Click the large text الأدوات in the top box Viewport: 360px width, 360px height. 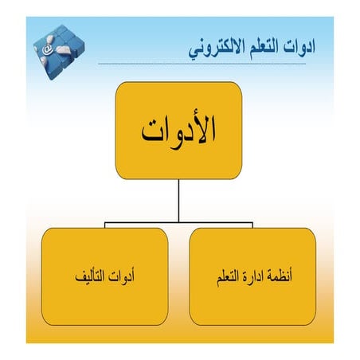coord(178,131)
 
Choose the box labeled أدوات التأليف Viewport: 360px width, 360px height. coord(104,276)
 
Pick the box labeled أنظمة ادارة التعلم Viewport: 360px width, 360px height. coord(252,276)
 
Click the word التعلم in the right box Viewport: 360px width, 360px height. coord(224,278)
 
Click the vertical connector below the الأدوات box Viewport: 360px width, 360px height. coord(178,199)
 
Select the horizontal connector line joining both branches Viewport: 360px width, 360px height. coord(143,220)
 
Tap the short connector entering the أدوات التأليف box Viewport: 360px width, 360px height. coord(104,224)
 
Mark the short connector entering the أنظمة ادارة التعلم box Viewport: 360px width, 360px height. coord(252,224)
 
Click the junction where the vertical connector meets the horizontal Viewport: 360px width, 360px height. coord(178,220)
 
